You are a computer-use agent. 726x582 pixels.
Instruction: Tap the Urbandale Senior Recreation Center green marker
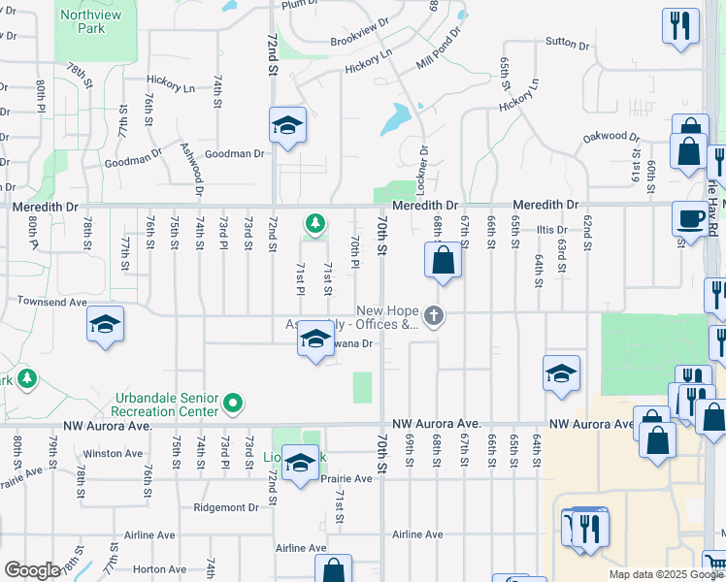(x=232, y=402)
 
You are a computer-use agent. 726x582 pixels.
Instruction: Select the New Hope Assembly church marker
(x=434, y=314)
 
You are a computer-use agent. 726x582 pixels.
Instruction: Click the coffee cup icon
(x=690, y=218)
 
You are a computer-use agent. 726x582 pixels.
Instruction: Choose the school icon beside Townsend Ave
(x=105, y=325)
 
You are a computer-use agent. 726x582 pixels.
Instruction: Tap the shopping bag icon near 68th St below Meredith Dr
(x=443, y=261)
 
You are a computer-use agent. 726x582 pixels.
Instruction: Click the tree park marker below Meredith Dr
(x=314, y=225)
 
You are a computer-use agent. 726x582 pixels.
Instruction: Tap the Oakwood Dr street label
(x=611, y=138)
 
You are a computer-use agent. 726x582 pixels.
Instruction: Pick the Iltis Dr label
(x=551, y=230)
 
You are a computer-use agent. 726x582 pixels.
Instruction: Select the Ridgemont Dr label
(x=229, y=507)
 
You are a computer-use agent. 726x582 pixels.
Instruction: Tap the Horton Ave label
(x=159, y=569)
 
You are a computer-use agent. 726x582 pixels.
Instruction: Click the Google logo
(x=32, y=569)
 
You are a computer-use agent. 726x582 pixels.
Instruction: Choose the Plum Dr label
(x=301, y=6)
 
